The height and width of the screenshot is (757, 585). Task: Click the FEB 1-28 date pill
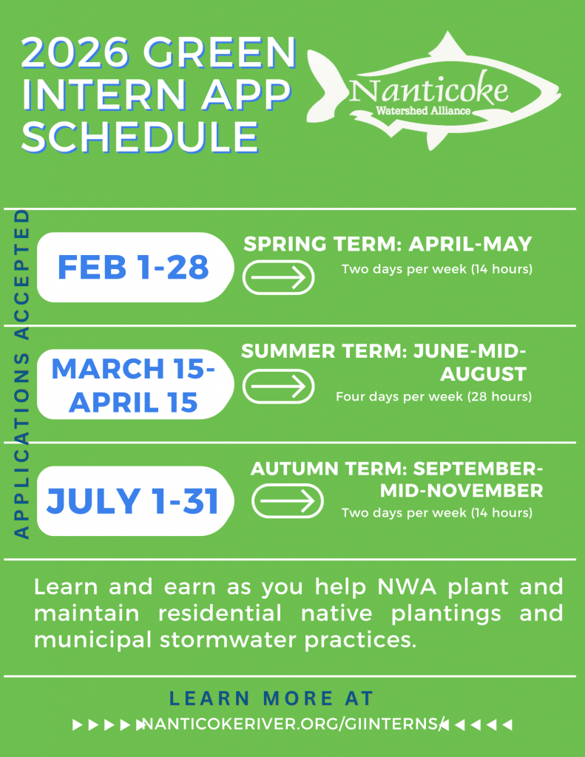(x=133, y=267)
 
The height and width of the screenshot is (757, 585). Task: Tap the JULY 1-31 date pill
(x=133, y=501)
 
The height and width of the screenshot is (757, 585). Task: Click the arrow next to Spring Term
(x=279, y=278)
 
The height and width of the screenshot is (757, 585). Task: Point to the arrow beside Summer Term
(x=279, y=386)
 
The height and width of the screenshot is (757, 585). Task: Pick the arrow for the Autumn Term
(x=288, y=503)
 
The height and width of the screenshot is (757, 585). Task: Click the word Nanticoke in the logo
(x=429, y=91)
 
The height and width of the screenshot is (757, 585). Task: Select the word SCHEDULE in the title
(x=141, y=136)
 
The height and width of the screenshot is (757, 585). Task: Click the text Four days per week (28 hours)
(x=433, y=397)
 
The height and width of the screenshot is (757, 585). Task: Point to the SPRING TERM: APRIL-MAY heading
(x=388, y=245)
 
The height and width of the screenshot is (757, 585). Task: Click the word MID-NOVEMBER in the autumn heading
(x=458, y=490)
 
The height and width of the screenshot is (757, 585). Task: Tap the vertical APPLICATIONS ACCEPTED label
(x=21, y=374)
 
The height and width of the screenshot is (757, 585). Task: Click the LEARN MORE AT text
(x=271, y=698)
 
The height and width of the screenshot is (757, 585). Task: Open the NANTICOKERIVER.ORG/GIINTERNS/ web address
(x=293, y=724)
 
